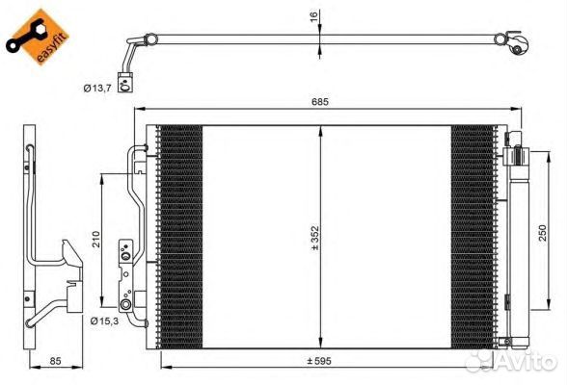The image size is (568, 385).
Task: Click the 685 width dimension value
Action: pos(320,102)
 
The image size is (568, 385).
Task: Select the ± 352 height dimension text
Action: pos(315,238)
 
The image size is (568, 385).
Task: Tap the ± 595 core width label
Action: pos(319,360)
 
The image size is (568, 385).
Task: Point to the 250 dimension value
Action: pos(542,234)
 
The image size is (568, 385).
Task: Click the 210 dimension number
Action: pos(95,239)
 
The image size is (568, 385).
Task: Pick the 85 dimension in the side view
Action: pos(55,360)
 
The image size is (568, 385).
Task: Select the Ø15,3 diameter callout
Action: pos(104,321)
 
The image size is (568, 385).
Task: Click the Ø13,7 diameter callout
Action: pos(97,88)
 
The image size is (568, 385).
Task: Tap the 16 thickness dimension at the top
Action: pos(313,16)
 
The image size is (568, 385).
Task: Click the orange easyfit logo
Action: pos(38,38)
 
